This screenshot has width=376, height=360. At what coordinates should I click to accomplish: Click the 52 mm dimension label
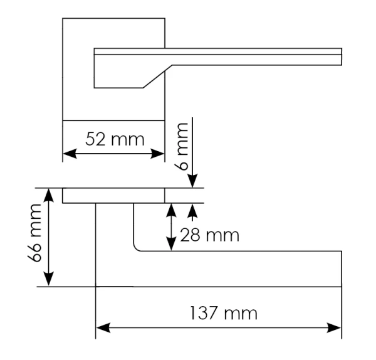[114, 139]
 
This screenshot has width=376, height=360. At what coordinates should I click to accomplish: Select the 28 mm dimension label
[209, 236]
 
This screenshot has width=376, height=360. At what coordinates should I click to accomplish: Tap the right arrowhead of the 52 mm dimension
[159, 153]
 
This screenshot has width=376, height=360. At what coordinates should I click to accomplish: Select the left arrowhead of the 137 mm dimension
[101, 327]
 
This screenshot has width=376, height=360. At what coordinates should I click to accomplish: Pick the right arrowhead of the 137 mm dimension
[337, 327]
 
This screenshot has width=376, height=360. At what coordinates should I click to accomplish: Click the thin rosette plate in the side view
[113, 195]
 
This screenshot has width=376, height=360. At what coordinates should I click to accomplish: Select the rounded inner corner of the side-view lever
[137, 247]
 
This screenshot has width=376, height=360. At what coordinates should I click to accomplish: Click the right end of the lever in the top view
[340, 56]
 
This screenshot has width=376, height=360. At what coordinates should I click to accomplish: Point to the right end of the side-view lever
[340, 268]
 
